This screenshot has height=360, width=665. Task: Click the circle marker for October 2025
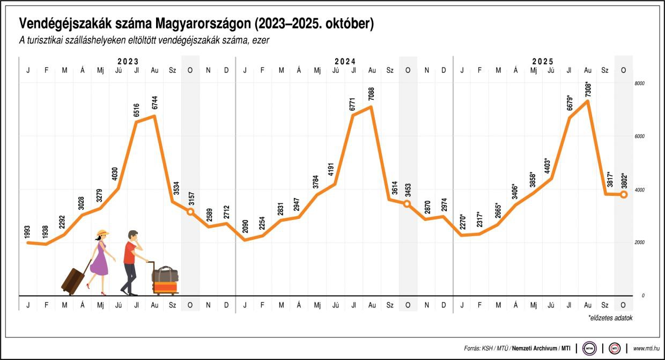coord(624,194)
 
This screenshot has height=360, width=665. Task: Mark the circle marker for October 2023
coord(190,212)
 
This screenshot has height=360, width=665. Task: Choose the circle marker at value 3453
coord(407,204)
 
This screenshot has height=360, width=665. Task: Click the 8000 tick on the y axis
coord(639,84)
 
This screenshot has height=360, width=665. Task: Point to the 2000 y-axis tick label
coord(639,243)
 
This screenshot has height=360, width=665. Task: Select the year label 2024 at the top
coord(345,62)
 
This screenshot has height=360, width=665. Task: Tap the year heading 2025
coord(543,62)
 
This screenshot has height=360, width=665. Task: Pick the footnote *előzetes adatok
coord(610,318)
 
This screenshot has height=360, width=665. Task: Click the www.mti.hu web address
coord(646,348)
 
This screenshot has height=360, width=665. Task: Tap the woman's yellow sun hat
coord(102,234)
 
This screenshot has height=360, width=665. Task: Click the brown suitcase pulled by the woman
coord(73,277)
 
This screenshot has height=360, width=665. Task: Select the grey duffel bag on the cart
coord(165,275)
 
